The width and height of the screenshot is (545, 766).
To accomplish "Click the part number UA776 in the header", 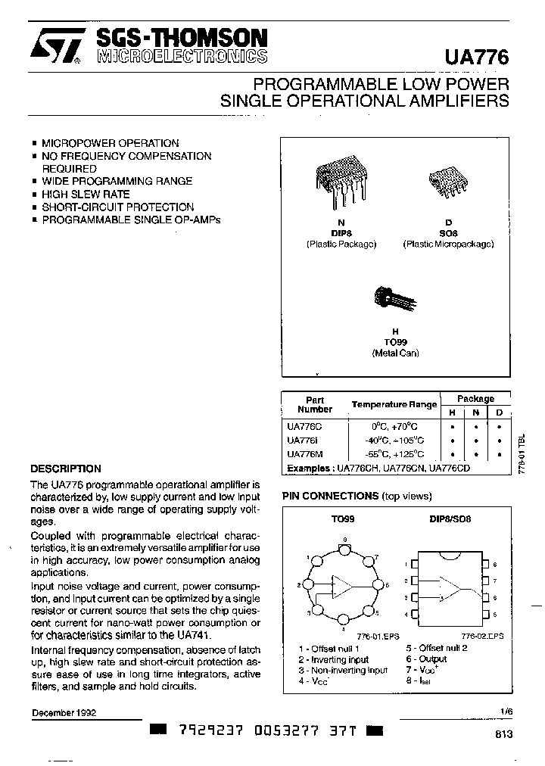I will (x=480, y=57).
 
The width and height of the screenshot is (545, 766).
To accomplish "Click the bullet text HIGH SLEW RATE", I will (x=86, y=194).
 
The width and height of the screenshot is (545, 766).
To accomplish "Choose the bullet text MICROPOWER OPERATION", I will (x=110, y=143).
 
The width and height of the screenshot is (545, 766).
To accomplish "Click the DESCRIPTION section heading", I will (x=66, y=469).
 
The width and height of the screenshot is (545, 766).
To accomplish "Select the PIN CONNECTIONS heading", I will (x=330, y=496).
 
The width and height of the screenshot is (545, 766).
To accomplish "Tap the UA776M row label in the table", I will (x=305, y=454).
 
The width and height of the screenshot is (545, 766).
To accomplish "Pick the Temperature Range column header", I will (x=394, y=404).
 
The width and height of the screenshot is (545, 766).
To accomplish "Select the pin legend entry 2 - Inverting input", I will (x=333, y=659).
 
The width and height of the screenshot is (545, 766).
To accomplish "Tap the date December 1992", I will (x=64, y=713).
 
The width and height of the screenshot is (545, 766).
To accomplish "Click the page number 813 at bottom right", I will (x=503, y=734).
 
